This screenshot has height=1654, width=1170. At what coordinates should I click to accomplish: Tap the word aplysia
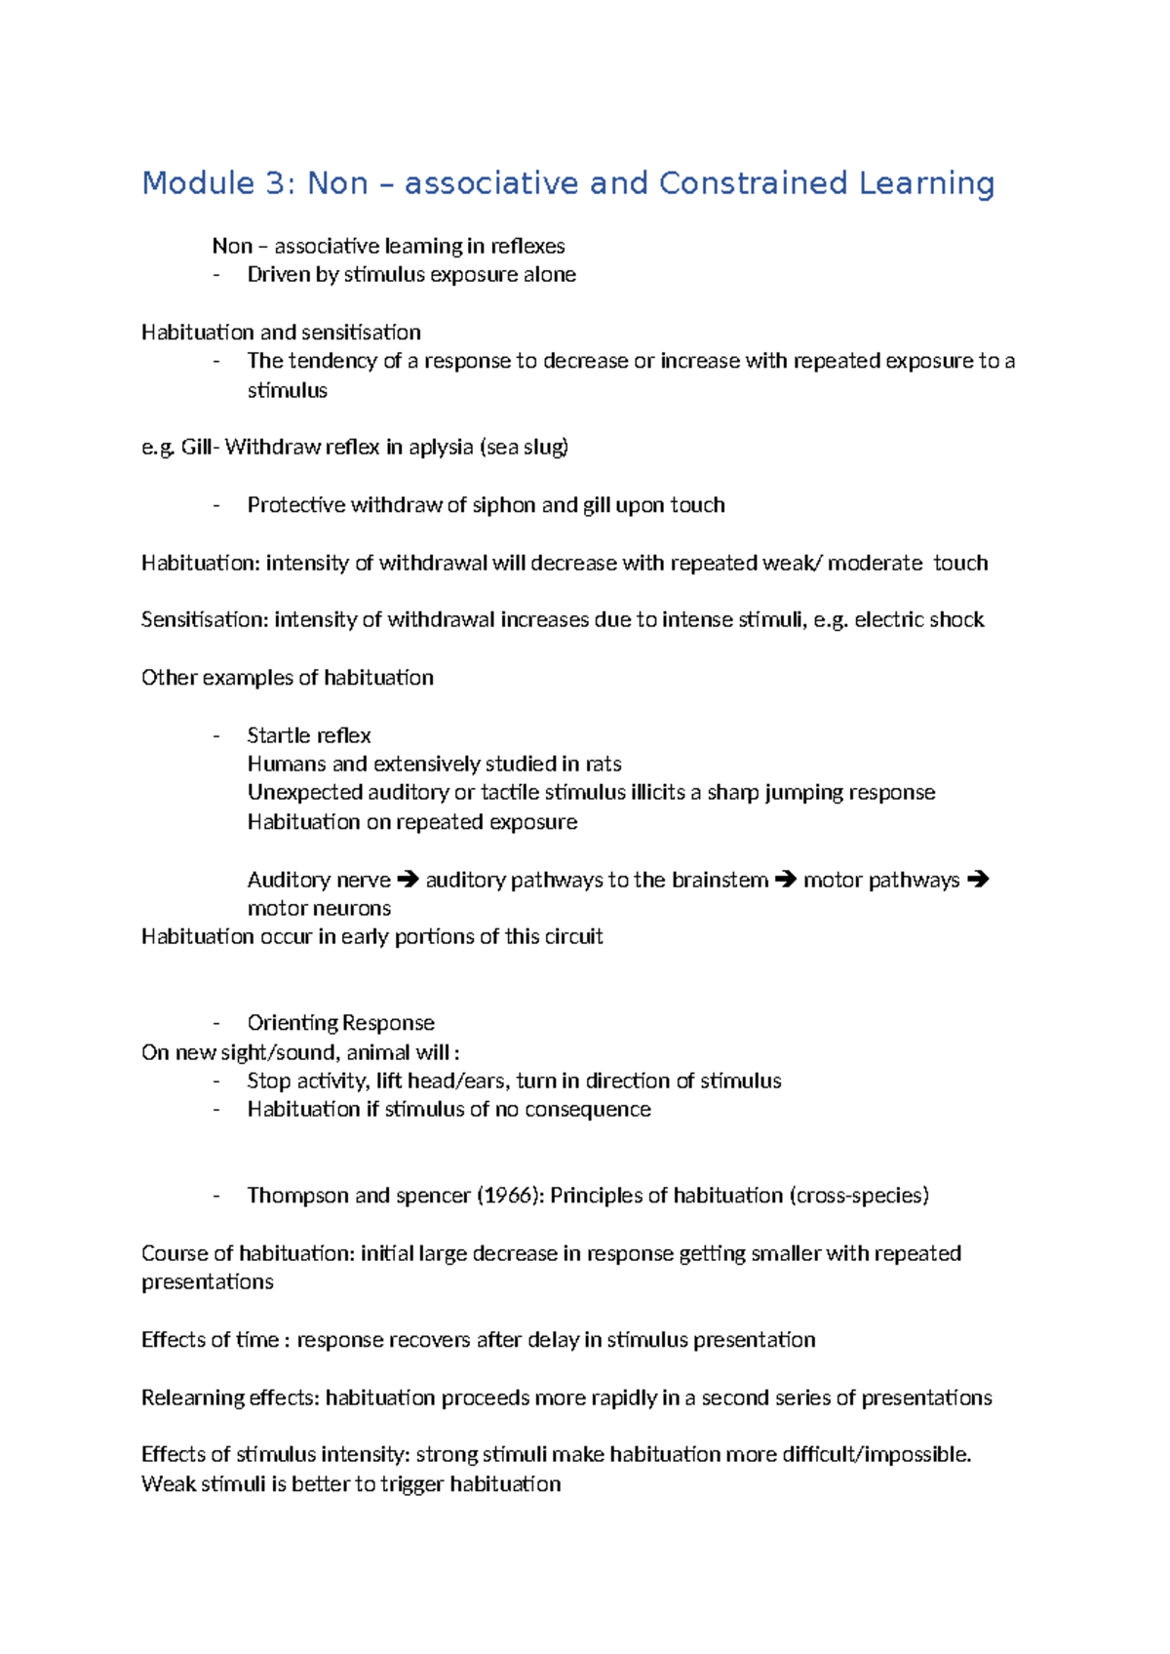(441, 448)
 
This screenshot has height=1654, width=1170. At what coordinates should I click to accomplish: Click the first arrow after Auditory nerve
(408, 880)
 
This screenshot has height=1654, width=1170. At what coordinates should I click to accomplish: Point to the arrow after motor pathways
(978, 880)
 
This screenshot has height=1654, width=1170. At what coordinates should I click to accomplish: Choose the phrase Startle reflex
(309, 735)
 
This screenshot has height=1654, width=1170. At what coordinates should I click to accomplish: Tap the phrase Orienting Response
(340, 1023)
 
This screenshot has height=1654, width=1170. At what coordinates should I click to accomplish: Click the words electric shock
(919, 620)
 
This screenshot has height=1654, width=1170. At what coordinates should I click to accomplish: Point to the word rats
(604, 764)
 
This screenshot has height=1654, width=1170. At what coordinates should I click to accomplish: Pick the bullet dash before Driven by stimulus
(216, 275)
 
